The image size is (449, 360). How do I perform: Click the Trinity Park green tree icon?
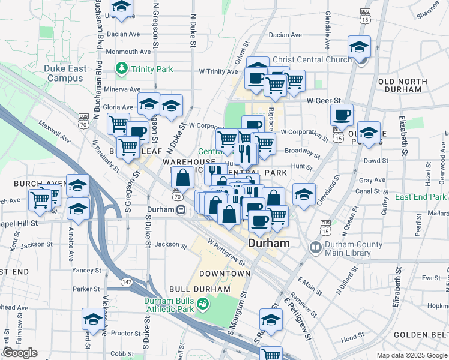click(122, 69)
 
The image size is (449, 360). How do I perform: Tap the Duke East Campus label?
click(65, 73)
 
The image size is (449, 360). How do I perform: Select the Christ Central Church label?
click(312, 59)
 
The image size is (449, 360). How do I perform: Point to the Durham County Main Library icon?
click(315, 247)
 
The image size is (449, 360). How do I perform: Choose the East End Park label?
click(421, 197)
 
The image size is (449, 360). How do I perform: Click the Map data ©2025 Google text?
click(412, 355)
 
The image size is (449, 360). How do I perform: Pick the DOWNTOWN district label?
click(224, 273)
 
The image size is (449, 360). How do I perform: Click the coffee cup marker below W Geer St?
click(342, 115)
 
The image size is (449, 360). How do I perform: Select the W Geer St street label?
click(324, 101)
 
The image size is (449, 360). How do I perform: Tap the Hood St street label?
click(350, 339)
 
